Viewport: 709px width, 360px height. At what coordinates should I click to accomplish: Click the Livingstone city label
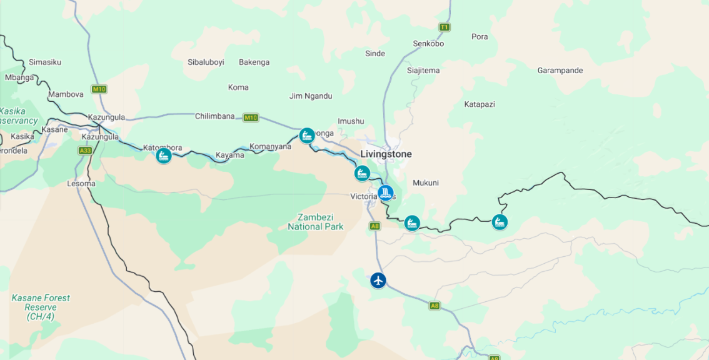(x=386, y=154)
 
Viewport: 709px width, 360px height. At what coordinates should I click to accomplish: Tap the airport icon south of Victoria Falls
(x=378, y=280)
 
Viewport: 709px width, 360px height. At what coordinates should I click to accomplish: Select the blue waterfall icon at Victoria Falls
(x=386, y=192)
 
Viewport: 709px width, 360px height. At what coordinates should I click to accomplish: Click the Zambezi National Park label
(x=315, y=222)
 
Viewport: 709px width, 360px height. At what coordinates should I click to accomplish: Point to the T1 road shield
(x=444, y=27)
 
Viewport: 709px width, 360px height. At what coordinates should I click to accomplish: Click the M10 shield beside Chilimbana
(x=251, y=117)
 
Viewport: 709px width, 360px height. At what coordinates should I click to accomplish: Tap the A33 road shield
(x=85, y=151)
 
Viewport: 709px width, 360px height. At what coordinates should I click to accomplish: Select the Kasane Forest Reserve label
(x=41, y=307)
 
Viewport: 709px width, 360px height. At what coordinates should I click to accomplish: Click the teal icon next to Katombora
(x=164, y=156)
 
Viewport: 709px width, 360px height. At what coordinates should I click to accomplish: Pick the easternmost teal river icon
(x=499, y=222)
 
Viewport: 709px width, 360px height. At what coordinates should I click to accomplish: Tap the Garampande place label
(x=560, y=71)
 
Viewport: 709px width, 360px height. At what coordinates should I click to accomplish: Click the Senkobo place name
(x=428, y=44)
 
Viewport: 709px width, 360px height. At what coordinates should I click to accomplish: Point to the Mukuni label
(x=425, y=183)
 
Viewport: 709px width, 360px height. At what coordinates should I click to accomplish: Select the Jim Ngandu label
(x=311, y=96)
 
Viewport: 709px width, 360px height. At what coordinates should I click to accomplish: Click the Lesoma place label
(x=81, y=184)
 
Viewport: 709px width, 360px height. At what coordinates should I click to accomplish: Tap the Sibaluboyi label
(x=206, y=62)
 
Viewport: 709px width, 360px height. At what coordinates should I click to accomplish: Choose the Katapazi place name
(x=480, y=104)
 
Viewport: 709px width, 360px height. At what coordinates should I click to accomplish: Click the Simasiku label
(x=45, y=62)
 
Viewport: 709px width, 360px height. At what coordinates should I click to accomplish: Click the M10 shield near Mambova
(x=99, y=89)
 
